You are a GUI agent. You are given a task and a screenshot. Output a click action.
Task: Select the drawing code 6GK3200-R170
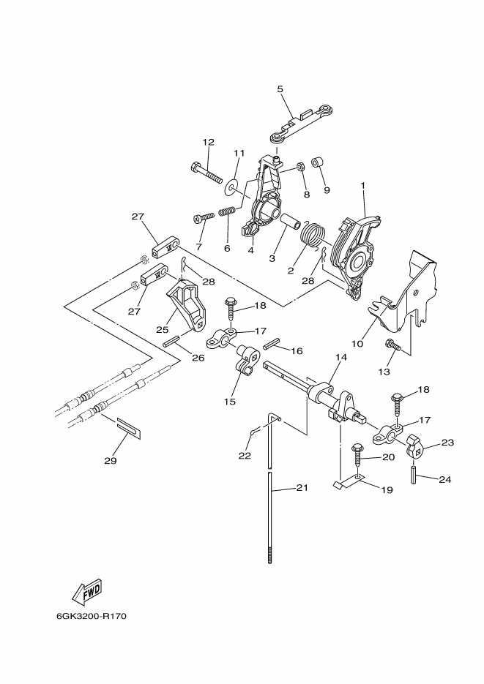point(92,617)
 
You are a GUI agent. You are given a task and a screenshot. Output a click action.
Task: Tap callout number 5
point(280,89)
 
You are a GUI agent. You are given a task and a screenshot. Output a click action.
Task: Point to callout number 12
point(209,142)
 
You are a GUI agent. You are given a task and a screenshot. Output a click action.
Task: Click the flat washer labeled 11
point(230,187)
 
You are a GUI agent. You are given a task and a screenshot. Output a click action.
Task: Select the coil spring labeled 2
point(313,236)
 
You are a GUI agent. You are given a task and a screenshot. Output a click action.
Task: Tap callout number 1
point(362,185)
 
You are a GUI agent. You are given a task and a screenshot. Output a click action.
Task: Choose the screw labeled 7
point(204,217)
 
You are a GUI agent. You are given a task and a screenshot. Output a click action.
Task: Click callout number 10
point(357,344)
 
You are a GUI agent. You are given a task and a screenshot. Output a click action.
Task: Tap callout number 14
point(341,357)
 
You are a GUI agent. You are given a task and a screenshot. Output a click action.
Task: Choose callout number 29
point(111,460)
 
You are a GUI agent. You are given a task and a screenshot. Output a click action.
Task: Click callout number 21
point(302,487)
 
